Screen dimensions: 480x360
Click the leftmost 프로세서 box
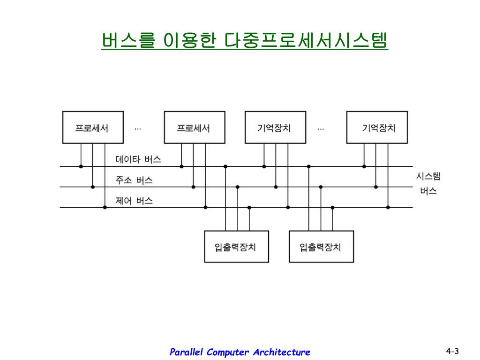[93, 127]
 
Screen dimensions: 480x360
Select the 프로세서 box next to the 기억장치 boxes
[195, 127]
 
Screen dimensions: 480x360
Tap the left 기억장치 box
[275, 127]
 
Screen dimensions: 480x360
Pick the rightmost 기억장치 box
[377, 127]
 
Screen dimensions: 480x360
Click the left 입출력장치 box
[236, 247]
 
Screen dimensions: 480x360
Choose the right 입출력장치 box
[321, 247]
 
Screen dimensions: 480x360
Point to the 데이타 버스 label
[138, 159]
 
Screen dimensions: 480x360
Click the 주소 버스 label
[134, 180]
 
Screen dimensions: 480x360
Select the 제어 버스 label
[134, 201]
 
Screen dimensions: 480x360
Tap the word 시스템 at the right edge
[428, 176]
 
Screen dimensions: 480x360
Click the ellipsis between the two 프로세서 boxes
[138, 129]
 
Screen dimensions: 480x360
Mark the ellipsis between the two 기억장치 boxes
[321, 129]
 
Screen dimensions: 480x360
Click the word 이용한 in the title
[189, 40]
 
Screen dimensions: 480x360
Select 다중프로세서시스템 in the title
[306, 40]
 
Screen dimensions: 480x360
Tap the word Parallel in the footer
[186, 352]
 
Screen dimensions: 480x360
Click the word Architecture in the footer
[282, 352]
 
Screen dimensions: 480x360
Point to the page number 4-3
[452, 351]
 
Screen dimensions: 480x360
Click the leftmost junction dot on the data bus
[81, 166]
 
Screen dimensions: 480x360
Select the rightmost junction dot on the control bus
[388, 207]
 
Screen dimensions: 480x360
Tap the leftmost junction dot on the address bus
[93, 187]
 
